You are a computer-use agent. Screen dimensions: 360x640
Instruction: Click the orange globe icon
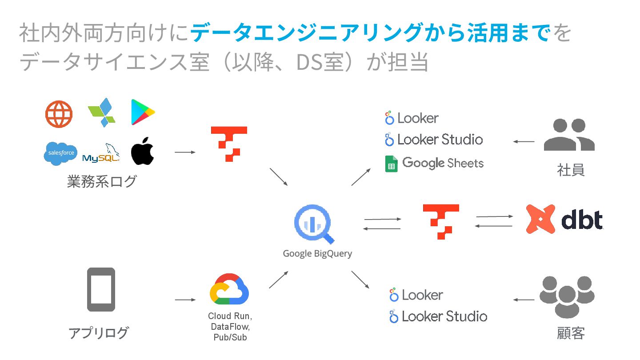point(59,114)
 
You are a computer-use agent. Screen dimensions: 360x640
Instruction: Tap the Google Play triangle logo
point(143,112)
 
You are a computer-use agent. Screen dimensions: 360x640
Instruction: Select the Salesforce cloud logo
point(60,153)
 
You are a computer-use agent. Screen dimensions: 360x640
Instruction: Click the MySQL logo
point(101,154)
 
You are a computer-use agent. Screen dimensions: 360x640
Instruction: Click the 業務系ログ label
point(102,181)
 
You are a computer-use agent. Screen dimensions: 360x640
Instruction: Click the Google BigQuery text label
point(317,254)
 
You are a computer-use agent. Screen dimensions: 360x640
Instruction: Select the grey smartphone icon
point(101,289)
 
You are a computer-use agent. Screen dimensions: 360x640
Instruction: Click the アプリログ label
point(99,332)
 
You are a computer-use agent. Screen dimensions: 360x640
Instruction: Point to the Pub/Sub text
point(229,337)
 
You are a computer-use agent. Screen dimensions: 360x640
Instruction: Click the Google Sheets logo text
point(442,163)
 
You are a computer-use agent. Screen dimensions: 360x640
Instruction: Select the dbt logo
point(564,220)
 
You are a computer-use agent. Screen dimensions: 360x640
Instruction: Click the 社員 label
point(571,170)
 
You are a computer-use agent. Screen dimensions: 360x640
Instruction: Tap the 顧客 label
point(571,333)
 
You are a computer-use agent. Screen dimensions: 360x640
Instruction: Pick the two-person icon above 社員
point(569,135)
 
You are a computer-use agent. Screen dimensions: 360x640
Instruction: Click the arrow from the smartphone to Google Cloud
point(185,300)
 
